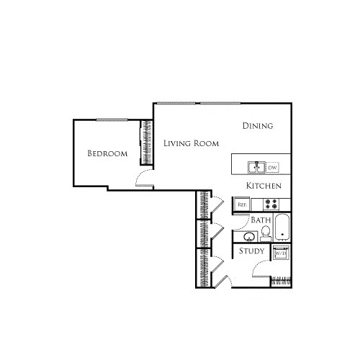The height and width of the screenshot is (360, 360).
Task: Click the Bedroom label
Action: tap(107, 153)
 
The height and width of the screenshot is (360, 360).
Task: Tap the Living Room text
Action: tap(191, 143)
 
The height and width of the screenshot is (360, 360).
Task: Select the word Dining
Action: tap(257, 126)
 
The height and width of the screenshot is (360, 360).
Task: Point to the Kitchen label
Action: tap(263, 186)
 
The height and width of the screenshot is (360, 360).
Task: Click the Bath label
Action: tap(261, 220)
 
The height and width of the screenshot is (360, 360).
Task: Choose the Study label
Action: tap(252, 251)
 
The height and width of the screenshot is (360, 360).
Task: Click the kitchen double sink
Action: tap(256, 167)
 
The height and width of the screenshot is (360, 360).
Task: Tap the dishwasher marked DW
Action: tap(273, 168)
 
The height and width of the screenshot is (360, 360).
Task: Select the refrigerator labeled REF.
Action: tap(243, 204)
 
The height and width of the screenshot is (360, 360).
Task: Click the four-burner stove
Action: tap(271, 204)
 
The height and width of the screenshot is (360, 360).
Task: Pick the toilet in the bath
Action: tap(266, 233)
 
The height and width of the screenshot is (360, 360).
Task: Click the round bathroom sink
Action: tap(249, 235)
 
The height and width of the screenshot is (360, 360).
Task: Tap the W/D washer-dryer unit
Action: tap(281, 253)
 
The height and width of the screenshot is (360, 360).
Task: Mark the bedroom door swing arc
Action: tap(143, 178)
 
